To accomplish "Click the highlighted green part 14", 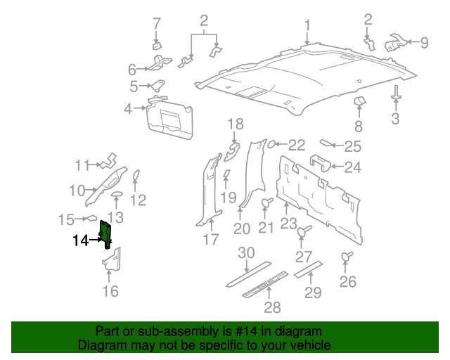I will (106, 233).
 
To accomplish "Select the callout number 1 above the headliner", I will (307, 27).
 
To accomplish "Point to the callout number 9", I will (424, 43).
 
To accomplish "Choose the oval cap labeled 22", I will (270, 145).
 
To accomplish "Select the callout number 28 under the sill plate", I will (272, 307).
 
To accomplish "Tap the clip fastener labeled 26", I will (346, 258).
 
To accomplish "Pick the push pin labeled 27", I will (303, 231).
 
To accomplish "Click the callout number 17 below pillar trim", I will (211, 240).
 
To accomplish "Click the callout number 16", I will (111, 291).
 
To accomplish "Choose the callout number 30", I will (245, 253).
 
